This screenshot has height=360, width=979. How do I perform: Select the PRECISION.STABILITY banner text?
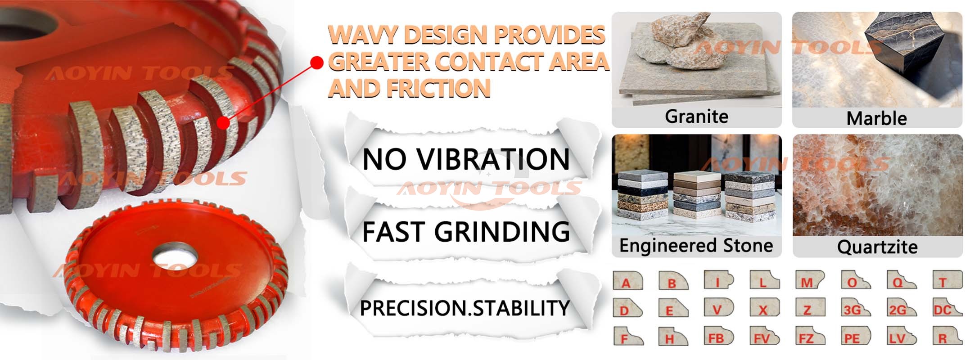pos(465,308)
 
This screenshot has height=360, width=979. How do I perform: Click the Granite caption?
pos(696,117)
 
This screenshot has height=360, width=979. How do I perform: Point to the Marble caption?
pos(876,118)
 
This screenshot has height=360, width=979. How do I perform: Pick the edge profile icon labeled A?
pos(628,280)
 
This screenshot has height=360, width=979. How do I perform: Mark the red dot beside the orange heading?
pos(317,63)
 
